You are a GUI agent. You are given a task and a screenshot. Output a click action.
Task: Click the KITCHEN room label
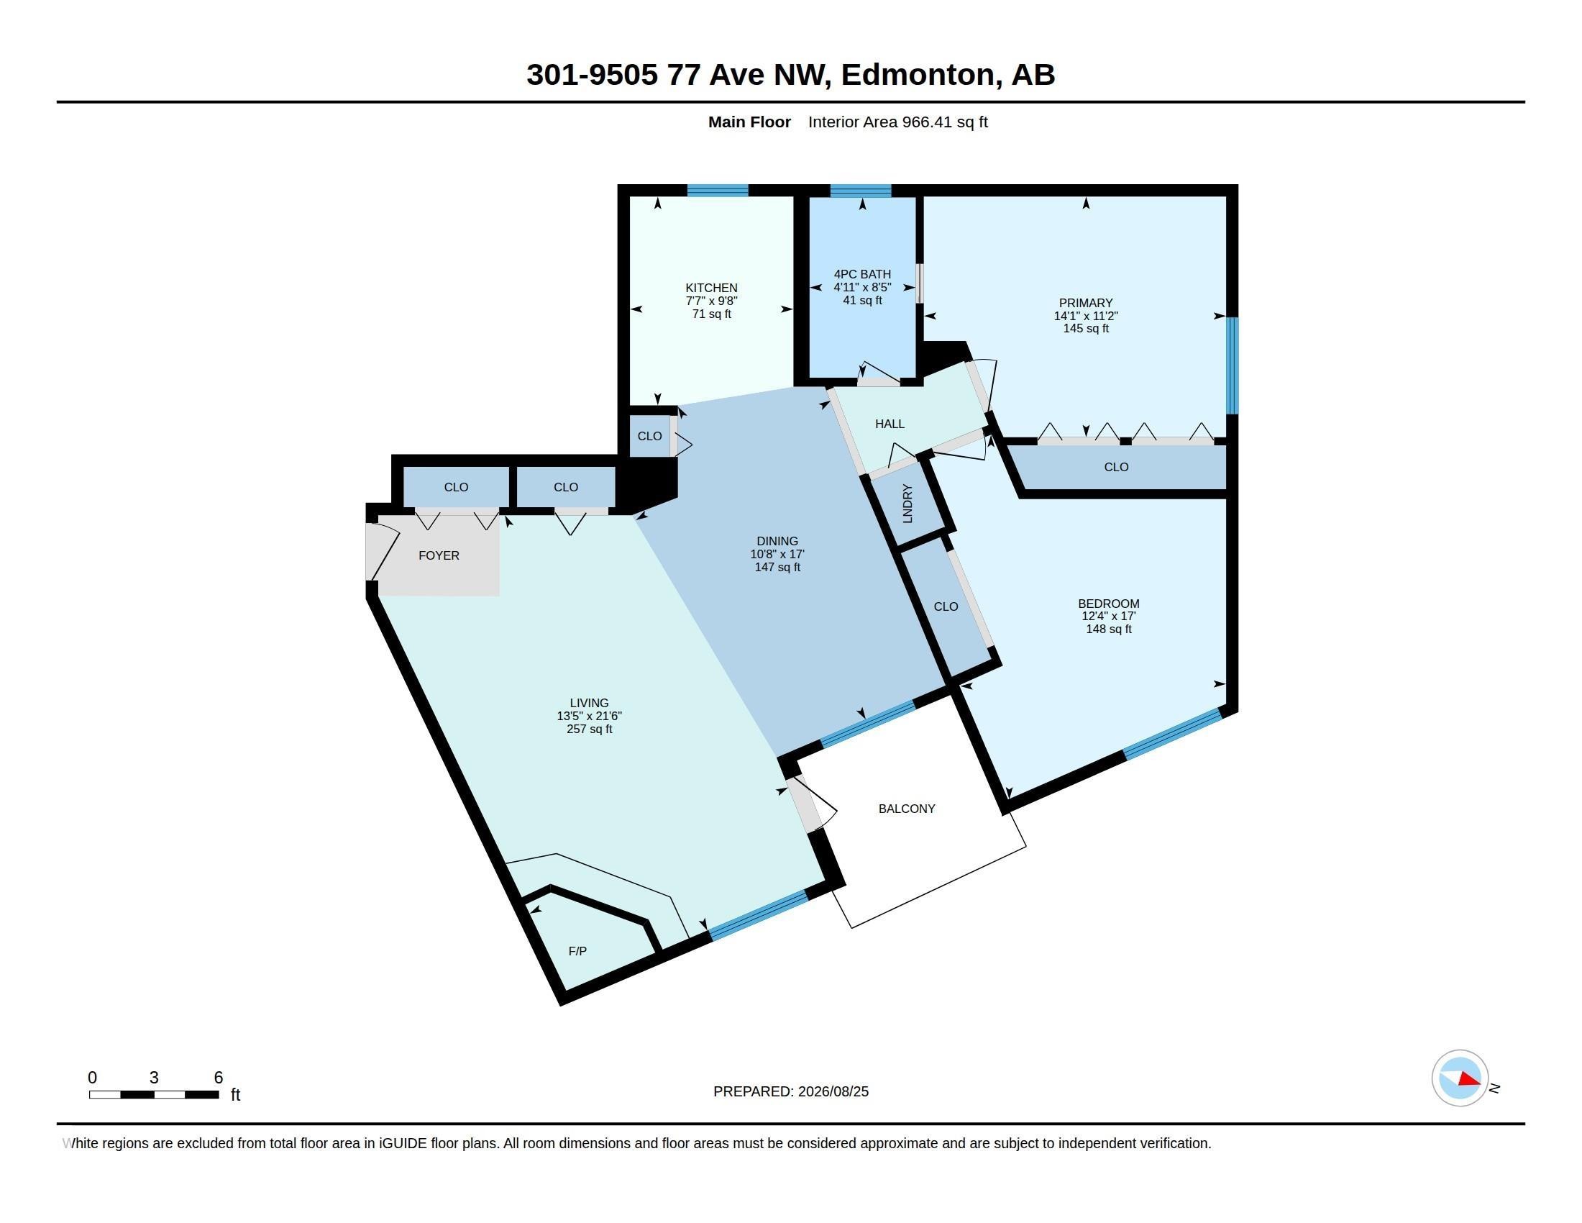pos(711,288)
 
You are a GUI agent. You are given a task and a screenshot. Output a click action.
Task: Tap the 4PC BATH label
pos(862,274)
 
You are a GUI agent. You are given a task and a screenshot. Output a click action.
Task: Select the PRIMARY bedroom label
pos(1085,303)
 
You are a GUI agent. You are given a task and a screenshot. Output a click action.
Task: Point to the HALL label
pos(890,424)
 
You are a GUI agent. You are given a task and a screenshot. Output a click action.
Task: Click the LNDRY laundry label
pos(907,504)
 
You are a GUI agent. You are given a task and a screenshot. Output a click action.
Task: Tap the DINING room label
pos(777,541)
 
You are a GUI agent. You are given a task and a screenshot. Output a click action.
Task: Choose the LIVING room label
pos(589,703)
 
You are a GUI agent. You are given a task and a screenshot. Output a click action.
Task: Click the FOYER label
pos(439,555)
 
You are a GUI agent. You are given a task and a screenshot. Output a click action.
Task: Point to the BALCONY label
pos(907,809)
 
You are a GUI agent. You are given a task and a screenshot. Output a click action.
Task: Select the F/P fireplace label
pos(577,951)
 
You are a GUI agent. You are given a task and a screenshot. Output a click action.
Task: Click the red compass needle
pos(1469,1080)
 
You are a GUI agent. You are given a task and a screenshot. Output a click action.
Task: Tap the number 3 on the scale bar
pos(154,1078)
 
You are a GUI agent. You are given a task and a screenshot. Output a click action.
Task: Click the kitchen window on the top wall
pos(717,191)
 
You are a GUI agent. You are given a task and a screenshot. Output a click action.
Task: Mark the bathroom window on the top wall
pos(861,191)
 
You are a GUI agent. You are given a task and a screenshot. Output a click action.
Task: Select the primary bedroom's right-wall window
pos(1232,366)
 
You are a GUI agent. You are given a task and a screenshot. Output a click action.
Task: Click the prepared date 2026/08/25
pos(833,1091)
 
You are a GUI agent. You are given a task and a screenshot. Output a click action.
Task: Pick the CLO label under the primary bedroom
pos(1116,468)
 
